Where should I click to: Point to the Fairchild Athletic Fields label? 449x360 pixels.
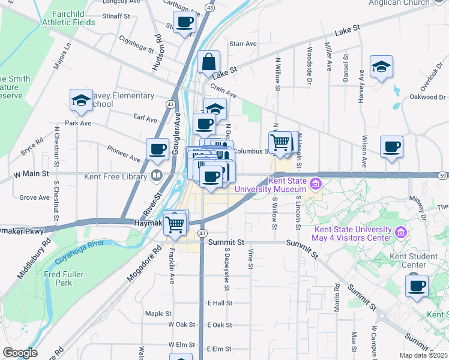[68, 18]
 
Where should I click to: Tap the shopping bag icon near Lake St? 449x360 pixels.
[208, 62]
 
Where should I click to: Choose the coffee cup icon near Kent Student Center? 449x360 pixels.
[417, 286]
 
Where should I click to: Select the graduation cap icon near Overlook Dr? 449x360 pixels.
[381, 67]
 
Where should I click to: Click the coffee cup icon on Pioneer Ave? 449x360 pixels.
[158, 150]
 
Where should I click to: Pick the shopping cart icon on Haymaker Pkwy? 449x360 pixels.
[175, 224]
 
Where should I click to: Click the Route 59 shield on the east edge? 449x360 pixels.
[443, 175]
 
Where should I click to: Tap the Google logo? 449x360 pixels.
[19, 353]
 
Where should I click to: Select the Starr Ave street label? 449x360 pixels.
[243, 44]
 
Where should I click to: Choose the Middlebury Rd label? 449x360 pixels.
[34, 259]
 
